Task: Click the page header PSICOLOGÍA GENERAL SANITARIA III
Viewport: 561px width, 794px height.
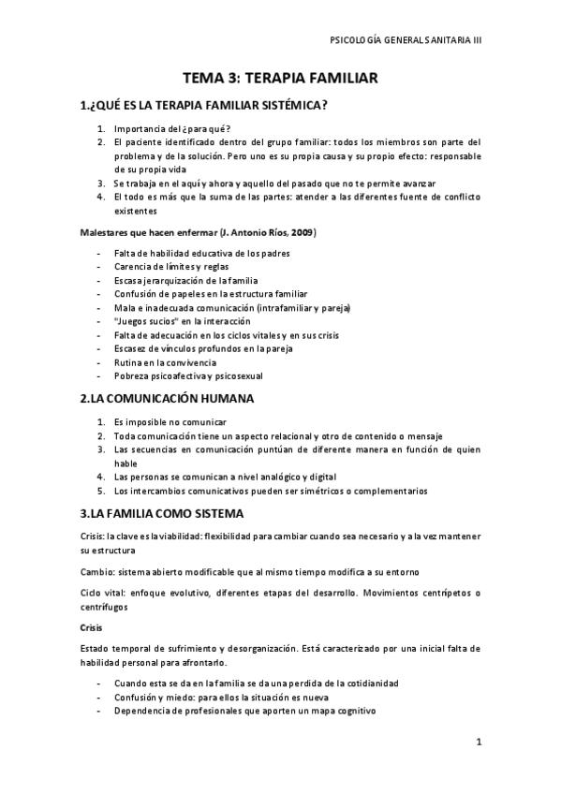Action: pos(406,41)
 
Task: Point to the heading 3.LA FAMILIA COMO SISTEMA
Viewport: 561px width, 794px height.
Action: pos(162,513)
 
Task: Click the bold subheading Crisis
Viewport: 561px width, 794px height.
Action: pos(93,626)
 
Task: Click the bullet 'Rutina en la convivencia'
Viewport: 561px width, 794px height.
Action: pos(165,362)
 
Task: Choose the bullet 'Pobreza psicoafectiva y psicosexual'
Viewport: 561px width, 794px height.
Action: pos(188,375)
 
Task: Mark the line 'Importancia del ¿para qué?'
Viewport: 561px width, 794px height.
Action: pos(172,128)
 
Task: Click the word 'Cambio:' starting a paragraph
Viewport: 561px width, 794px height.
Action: pos(98,571)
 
